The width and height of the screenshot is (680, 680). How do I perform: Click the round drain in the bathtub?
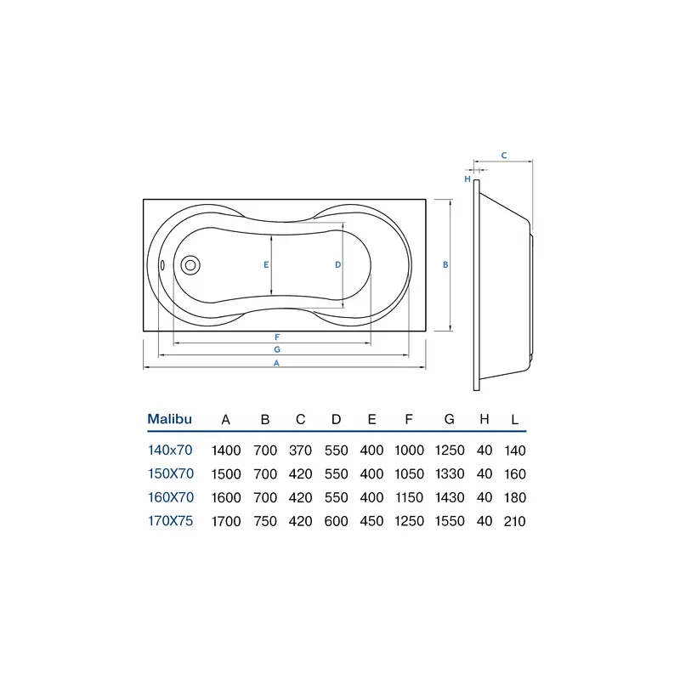coord(190,265)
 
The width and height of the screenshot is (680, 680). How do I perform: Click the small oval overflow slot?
coord(162,265)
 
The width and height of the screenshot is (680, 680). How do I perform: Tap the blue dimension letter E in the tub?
coord(266,264)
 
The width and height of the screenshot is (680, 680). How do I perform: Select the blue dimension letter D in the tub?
coord(337,264)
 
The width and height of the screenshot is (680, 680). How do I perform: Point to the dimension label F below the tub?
coord(277,337)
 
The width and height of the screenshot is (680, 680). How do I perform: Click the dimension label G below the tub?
coord(277,349)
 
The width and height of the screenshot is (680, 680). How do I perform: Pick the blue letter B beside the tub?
coord(445,264)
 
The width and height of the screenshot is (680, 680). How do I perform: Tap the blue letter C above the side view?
coord(504,156)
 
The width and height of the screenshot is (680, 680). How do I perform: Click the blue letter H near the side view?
coord(467,178)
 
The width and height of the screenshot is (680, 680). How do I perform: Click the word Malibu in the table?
coord(169,419)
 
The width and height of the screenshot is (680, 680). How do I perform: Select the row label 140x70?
coord(170,450)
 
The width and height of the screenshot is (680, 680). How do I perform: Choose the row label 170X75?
coord(171,520)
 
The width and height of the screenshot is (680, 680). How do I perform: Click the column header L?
coord(515,419)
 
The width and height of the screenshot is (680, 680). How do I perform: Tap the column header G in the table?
coord(450,419)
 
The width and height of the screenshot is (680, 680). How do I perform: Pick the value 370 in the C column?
coord(301,450)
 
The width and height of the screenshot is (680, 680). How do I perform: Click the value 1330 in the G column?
coord(450,474)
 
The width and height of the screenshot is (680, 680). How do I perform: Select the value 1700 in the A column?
coord(226,521)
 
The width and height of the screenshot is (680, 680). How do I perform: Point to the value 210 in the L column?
coord(515,521)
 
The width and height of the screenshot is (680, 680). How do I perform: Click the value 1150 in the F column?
coord(409,497)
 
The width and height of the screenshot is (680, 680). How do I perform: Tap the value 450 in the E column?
coord(371,521)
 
